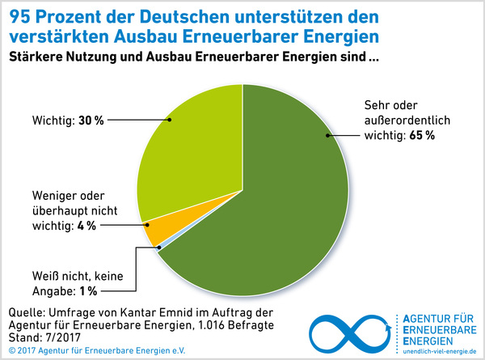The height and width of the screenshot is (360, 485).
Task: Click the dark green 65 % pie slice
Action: coord(267,210)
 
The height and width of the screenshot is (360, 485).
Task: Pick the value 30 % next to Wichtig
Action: coord(91,121)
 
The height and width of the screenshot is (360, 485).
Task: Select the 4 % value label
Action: coord(85,226)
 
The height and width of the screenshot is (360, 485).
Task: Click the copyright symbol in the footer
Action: coord(11,350)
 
